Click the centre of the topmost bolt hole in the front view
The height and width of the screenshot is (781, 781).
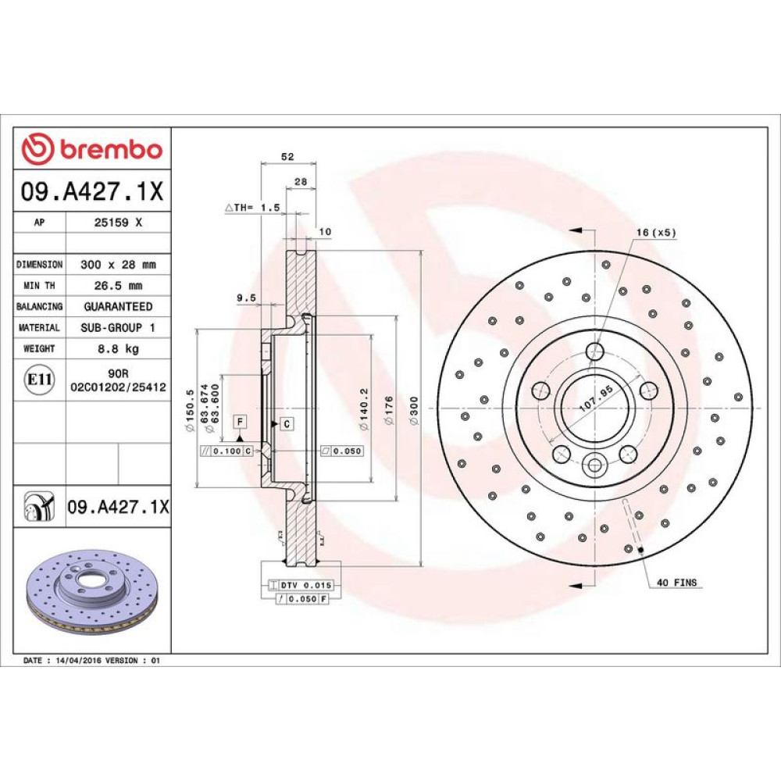594,351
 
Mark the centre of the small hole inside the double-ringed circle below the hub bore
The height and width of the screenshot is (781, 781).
594,466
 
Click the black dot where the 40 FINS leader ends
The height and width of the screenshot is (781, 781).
640,551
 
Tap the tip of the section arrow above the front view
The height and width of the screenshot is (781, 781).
569,230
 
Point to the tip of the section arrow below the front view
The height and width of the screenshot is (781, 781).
569,585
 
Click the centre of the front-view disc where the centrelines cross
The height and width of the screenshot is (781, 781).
594,408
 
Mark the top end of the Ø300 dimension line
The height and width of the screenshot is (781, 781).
422,251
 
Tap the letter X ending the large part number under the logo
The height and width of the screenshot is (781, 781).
156,191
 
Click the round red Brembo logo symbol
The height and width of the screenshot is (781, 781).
37,148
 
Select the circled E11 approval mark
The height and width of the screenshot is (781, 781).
39,380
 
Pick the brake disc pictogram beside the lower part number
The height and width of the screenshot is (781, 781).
39,507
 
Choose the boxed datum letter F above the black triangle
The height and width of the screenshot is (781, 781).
240,422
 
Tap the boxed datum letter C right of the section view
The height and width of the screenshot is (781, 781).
287,424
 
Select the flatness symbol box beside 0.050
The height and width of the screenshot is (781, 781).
326,451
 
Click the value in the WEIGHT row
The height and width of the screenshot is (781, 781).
119,348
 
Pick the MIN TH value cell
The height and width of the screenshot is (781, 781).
119,285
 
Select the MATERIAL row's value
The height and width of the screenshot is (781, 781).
118,327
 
